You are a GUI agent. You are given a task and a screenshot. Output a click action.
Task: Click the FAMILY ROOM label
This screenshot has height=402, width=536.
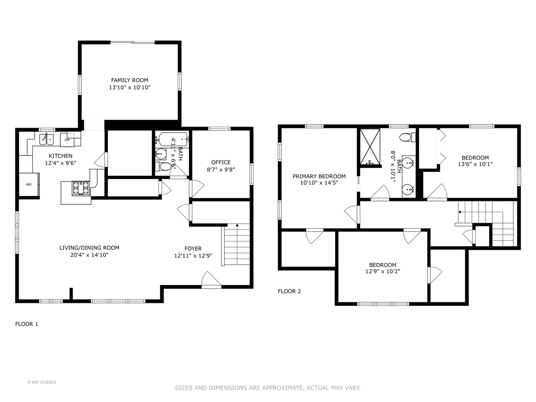pos(130,80)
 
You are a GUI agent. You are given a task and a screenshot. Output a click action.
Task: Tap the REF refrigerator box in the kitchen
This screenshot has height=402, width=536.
pos(29,184)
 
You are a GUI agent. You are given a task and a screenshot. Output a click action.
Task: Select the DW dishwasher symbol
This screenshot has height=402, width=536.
pos(67,140)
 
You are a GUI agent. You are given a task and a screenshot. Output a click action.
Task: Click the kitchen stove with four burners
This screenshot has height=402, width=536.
pos(81,188)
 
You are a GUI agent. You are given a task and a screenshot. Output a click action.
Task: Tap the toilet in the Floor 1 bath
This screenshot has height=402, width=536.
pos(163,166)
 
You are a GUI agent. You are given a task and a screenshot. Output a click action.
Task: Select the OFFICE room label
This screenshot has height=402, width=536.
pos(221,162)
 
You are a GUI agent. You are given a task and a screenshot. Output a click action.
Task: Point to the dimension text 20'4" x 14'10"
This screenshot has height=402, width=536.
pos(89,255)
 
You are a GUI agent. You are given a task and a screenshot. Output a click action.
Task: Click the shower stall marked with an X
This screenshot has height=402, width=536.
pos(370,146)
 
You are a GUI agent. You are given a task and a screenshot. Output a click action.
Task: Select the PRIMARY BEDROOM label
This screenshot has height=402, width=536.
pos(319,176)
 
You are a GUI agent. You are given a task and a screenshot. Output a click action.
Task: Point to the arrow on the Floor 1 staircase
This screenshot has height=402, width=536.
pos(237,226)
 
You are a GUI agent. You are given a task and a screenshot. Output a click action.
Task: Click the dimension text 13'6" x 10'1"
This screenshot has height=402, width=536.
pos(475,164)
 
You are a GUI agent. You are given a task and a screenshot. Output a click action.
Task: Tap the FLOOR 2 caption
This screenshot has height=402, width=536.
pos(289,291)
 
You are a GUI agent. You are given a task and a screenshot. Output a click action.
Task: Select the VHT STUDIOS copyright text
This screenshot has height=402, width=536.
pos(42,382)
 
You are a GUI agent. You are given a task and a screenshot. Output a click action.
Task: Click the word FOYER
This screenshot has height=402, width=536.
pos(193,249)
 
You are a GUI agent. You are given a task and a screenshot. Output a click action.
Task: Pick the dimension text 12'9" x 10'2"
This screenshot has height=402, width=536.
pos(383,271)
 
